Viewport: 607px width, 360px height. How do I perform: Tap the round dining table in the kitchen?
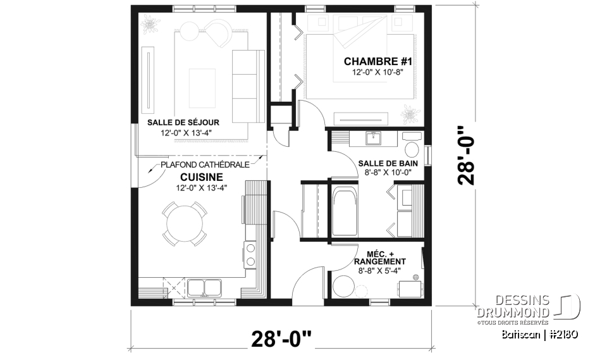[185, 223]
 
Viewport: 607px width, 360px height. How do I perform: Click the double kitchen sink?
[204, 288]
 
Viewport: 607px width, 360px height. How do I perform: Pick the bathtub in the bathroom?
[344, 211]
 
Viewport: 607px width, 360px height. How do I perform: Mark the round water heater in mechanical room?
[345, 287]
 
